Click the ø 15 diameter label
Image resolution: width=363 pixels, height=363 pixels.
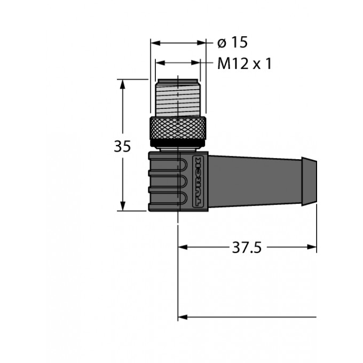[x=232, y=42]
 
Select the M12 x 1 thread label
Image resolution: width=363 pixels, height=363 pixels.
[x=244, y=64]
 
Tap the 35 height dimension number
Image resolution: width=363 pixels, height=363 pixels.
[x=122, y=146]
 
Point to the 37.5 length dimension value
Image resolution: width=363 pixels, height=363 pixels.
[x=247, y=248]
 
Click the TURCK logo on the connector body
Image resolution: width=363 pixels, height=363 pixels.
[x=198, y=181]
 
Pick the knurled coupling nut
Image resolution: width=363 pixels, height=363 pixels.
[x=178, y=128]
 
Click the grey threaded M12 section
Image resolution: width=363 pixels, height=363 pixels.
[x=178, y=98]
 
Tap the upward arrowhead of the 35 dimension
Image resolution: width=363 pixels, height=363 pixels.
[x=123, y=84]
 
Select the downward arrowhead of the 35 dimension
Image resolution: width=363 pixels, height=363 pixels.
[x=123, y=206]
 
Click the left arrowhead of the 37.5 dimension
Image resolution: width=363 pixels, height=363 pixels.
[x=183, y=247]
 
